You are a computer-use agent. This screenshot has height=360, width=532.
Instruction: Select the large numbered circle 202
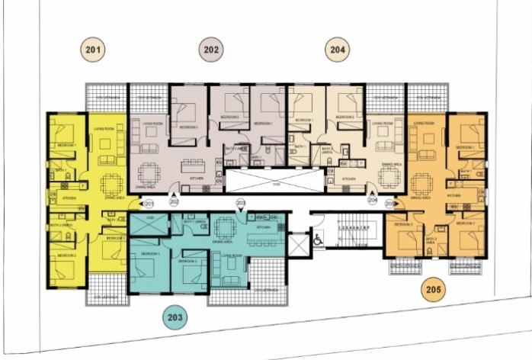point(212,50)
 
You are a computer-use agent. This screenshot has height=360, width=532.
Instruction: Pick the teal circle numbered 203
point(175,316)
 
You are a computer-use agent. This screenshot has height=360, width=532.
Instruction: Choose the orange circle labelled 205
point(434,290)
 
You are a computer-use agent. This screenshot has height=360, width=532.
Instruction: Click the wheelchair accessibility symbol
point(318,238)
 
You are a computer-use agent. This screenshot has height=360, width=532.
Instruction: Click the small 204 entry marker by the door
point(373,202)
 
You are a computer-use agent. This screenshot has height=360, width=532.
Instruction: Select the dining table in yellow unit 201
point(111,184)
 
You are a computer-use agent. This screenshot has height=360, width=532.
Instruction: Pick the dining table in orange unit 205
point(420,183)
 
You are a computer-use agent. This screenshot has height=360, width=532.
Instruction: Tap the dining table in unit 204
point(389,178)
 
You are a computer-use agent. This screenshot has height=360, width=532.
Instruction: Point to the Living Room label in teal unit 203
point(232,256)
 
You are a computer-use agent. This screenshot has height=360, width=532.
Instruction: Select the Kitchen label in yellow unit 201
point(68,198)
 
